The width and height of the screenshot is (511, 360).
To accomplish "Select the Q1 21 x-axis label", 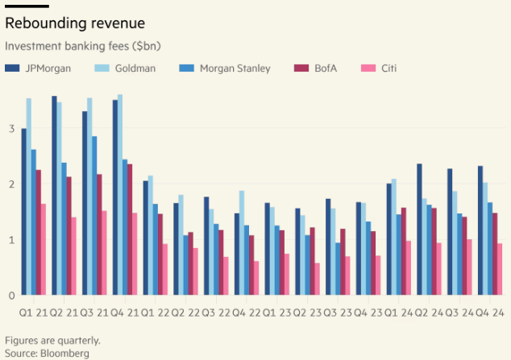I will [x=32, y=312].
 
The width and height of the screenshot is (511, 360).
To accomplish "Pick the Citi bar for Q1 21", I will [x=42, y=250].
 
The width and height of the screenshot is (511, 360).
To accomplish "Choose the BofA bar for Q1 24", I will [x=403, y=251].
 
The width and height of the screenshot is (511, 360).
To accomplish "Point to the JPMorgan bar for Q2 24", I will [x=420, y=230].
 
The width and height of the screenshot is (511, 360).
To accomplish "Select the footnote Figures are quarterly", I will [x=52, y=340].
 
